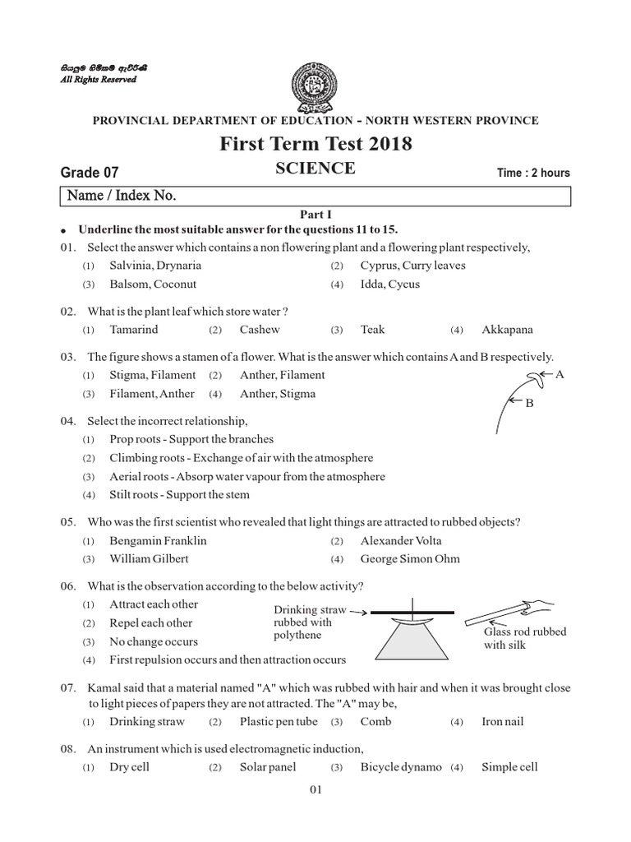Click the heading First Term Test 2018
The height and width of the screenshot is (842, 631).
click(x=315, y=145)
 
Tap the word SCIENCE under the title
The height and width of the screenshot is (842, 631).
click(x=315, y=169)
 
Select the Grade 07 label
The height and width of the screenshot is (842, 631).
click(x=90, y=173)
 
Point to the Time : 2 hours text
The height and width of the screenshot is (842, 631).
click(x=533, y=173)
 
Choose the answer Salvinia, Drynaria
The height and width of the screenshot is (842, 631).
click(x=154, y=266)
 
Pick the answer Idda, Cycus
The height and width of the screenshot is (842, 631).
click(x=389, y=285)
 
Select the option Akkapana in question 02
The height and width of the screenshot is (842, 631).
click(x=507, y=330)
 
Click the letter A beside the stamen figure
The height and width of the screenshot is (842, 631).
click(x=561, y=374)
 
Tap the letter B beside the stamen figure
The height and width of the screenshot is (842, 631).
click(x=530, y=403)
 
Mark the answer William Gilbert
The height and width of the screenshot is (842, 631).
click(x=149, y=559)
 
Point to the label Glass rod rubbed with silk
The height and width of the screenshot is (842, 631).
click(x=525, y=639)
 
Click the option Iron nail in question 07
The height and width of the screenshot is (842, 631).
click(x=502, y=722)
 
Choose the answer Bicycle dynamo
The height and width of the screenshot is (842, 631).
click(x=400, y=767)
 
